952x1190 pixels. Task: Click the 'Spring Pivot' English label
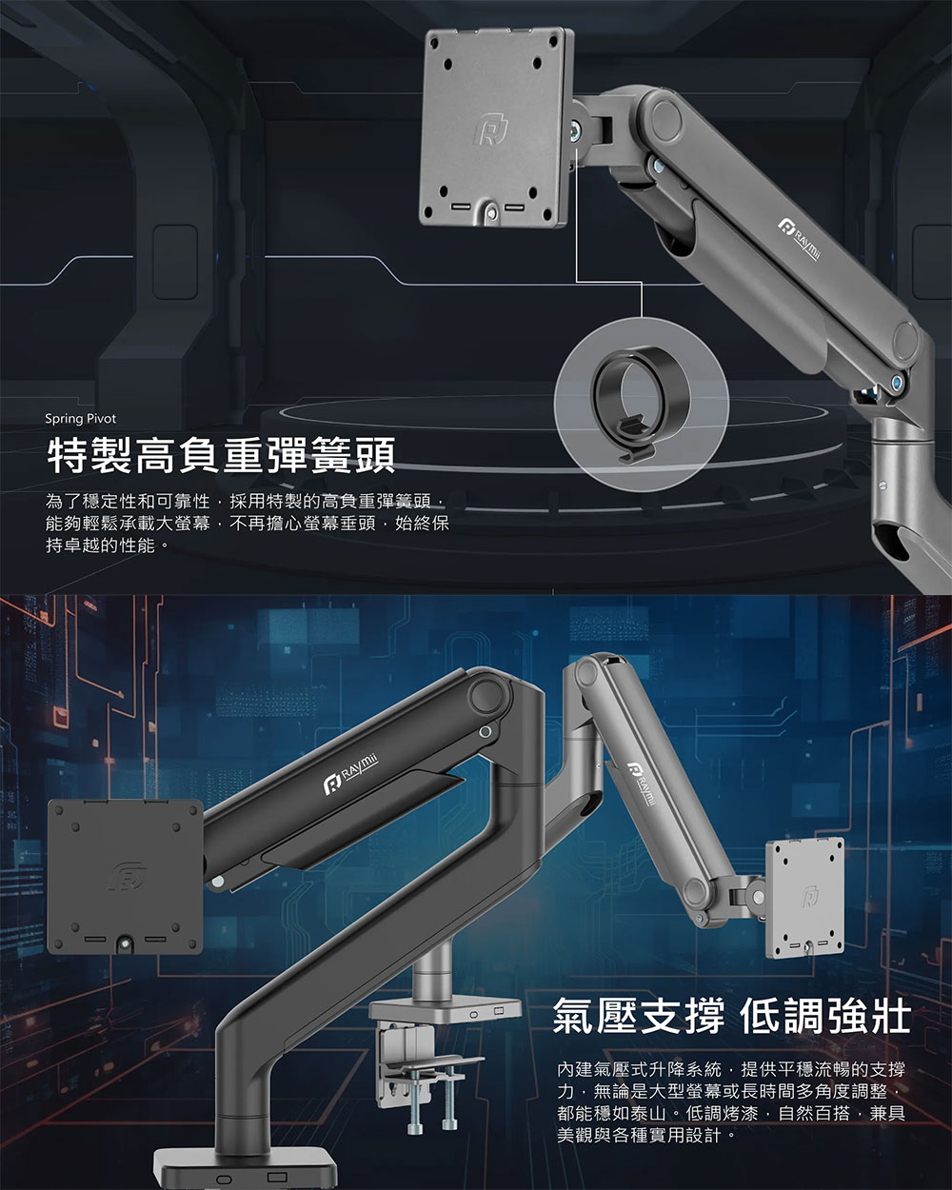click(81, 419)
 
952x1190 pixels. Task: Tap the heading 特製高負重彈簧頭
click(221, 456)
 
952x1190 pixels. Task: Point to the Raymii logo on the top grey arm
click(800, 239)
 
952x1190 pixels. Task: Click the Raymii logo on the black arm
click(351, 775)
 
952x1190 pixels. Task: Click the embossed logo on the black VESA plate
click(129, 877)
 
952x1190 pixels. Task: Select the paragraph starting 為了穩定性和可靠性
click(248, 523)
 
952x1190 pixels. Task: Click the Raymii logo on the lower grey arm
click(641, 785)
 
